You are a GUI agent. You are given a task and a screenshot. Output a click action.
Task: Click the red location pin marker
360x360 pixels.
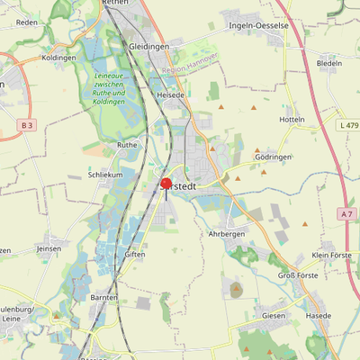pyautogui.click(x=166, y=184)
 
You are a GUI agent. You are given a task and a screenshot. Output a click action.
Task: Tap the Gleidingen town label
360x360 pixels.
pyautogui.click(x=149, y=45)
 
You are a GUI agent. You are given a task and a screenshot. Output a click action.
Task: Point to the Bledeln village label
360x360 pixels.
pyautogui.click(x=329, y=64)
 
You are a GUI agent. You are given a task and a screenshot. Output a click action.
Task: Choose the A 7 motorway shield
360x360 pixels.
pyautogui.click(x=347, y=213)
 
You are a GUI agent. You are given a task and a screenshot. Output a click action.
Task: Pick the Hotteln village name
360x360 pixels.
pyautogui.click(x=292, y=120)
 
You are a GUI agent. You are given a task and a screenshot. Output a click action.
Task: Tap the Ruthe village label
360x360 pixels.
pyautogui.click(x=127, y=144)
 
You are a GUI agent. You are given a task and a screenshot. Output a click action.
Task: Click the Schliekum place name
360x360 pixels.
pyautogui.click(x=104, y=175)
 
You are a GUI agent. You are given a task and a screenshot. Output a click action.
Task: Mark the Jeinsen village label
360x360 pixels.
pyautogui.click(x=49, y=247)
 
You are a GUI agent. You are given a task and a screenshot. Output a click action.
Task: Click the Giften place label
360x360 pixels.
pyautogui.click(x=135, y=255)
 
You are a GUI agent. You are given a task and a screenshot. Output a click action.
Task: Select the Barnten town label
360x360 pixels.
pyautogui.click(x=104, y=297)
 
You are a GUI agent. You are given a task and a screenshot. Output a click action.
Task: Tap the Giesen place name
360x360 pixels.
pyautogui.click(x=274, y=316)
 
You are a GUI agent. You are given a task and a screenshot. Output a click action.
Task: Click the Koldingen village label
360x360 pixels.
pyautogui.click(x=58, y=58)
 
